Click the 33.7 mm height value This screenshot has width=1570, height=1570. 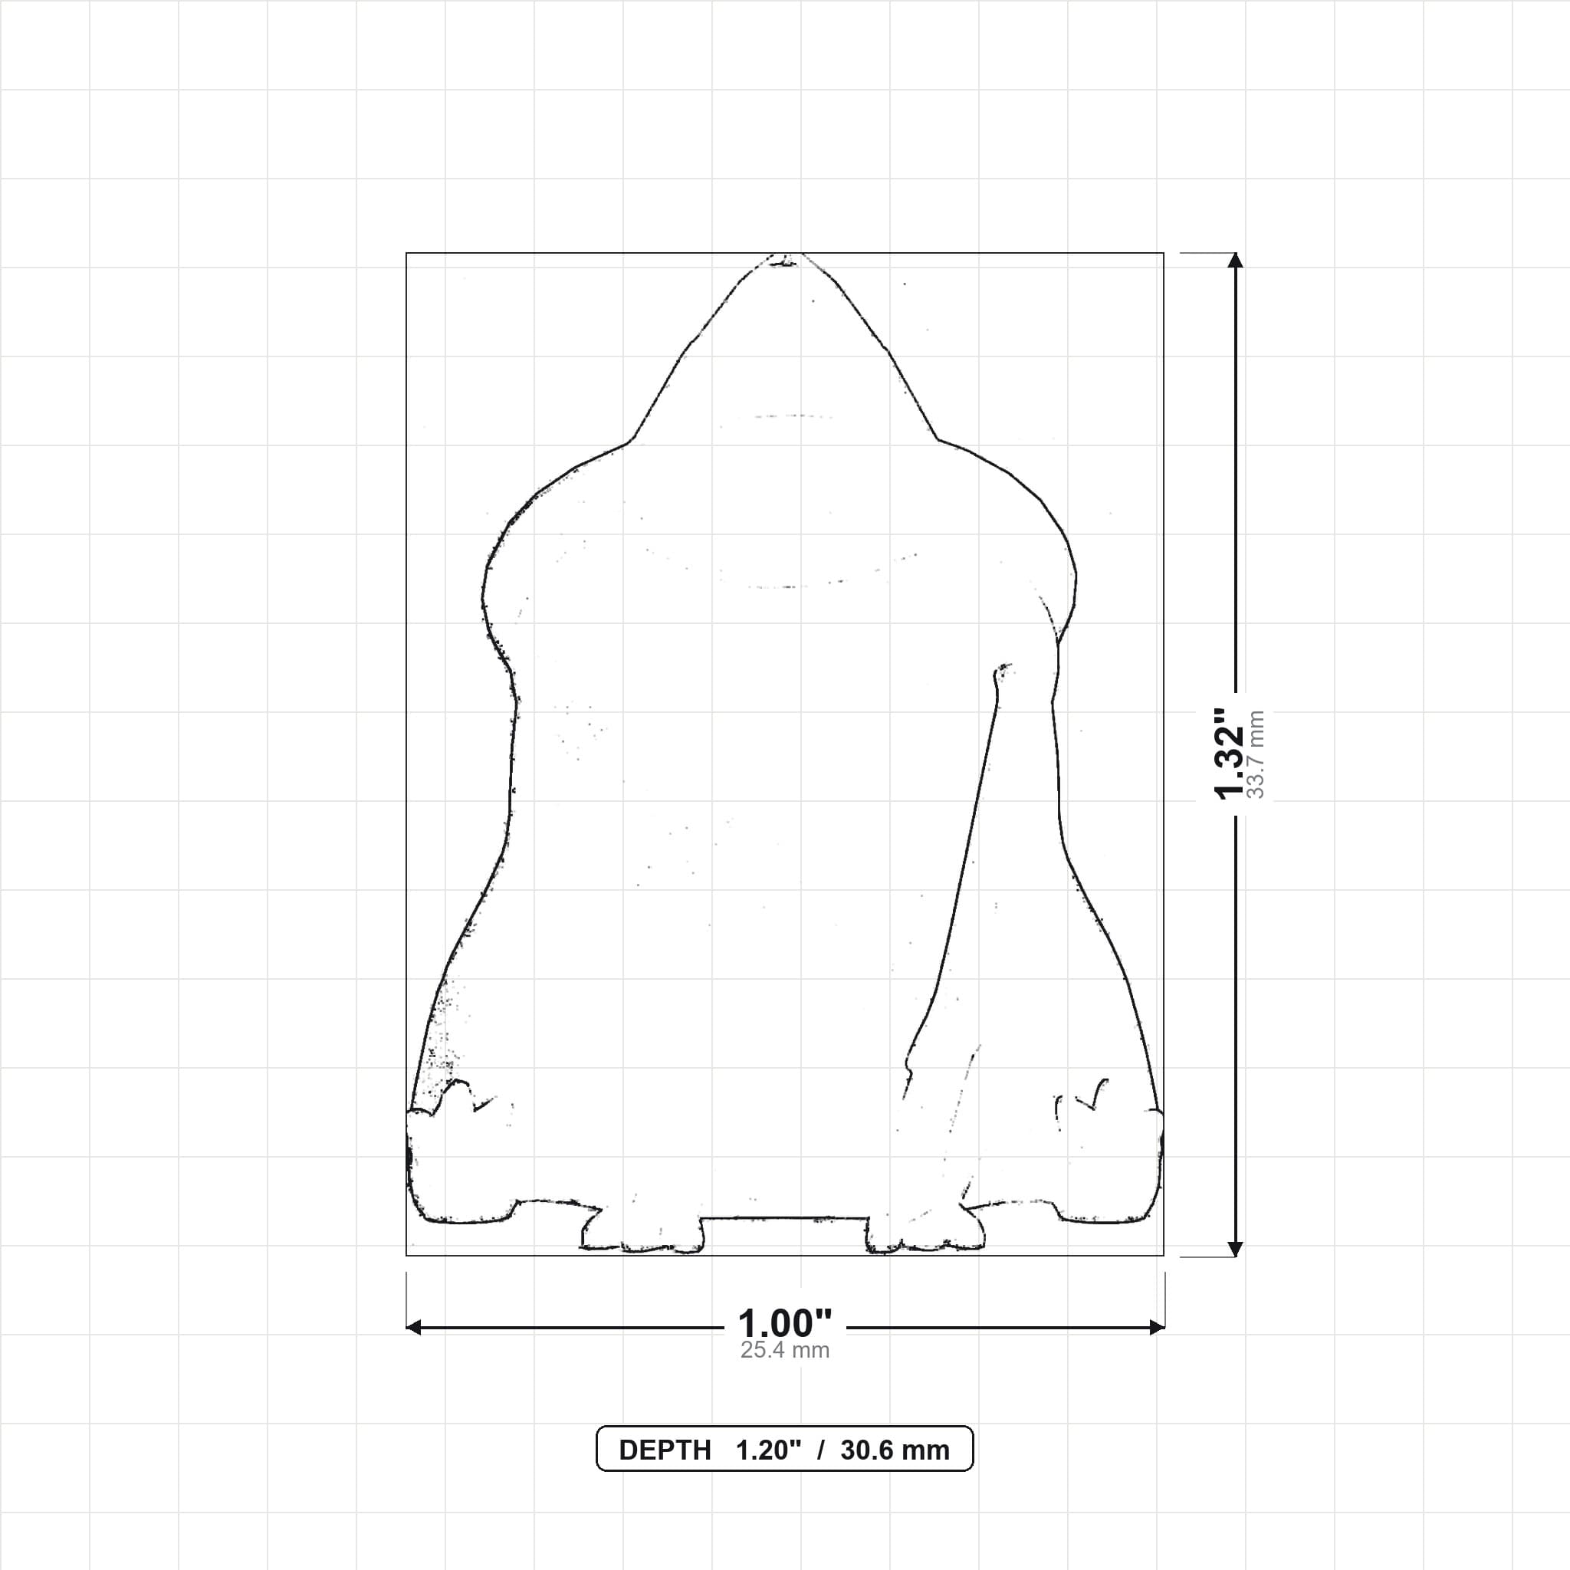[1256, 754]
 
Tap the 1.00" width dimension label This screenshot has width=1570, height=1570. [785, 1324]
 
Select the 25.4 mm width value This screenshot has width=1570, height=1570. [785, 1350]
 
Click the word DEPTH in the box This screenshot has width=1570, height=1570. [665, 1450]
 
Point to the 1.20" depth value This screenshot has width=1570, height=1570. [769, 1450]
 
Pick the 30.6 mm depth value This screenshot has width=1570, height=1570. [895, 1450]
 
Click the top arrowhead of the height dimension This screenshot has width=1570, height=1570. [1235, 260]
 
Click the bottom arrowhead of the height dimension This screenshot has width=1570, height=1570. [1235, 1248]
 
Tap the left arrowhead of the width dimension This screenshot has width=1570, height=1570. [413, 1327]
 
